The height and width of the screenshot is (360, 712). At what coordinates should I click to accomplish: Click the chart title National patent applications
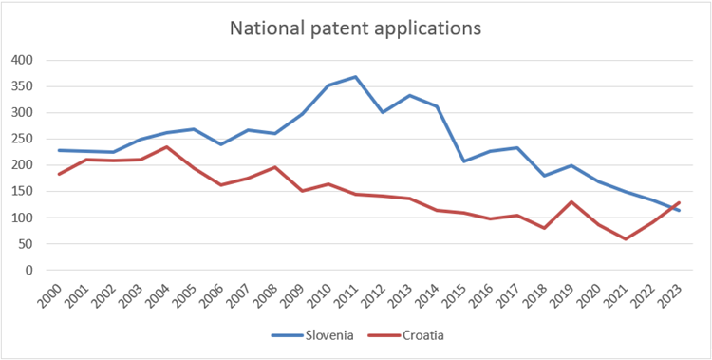tap(356, 28)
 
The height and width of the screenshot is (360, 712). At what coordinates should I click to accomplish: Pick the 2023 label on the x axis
tap(677, 292)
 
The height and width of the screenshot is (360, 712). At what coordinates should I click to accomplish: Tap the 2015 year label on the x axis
tap(462, 292)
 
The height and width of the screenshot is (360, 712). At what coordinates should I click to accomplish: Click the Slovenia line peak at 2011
tap(355, 77)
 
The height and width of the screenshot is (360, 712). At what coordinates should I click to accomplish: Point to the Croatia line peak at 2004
tap(167, 147)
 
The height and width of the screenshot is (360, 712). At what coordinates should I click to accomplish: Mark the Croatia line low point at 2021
tap(624, 238)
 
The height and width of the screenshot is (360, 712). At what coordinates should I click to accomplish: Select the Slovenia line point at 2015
tap(462, 161)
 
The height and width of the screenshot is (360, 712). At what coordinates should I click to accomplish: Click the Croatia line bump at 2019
tap(570, 201)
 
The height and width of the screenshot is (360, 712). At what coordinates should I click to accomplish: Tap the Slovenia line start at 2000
tap(60, 150)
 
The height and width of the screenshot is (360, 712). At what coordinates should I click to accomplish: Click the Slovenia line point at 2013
tap(409, 95)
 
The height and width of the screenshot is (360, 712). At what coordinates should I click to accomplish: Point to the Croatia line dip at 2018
tap(543, 228)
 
